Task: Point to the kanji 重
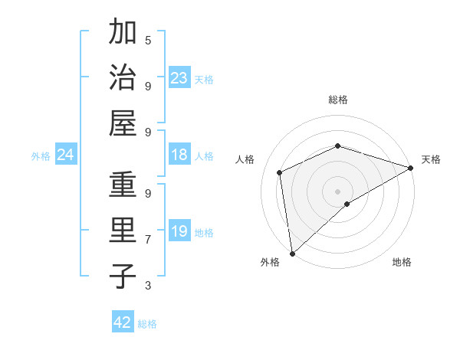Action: (x=123, y=185)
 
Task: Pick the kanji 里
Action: (x=123, y=231)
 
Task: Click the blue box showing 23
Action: (x=179, y=78)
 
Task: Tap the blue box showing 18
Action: (x=179, y=155)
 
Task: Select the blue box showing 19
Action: (x=179, y=231)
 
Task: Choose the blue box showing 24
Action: (x=65, y=155)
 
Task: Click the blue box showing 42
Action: (x=123, y=322)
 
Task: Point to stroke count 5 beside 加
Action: (x=148, y=40)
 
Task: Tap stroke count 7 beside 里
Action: (x=148, y=239)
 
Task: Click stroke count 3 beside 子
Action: (x=148, y=286)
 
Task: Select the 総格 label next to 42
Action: (x=147, y=324)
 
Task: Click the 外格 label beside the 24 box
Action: (x=41, y=156)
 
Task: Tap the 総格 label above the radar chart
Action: (x=338, y=100)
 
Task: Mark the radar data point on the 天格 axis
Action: (x=410, y=169)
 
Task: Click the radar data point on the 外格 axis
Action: (x=292, y=253)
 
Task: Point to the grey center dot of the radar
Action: (x=337, y=191)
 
